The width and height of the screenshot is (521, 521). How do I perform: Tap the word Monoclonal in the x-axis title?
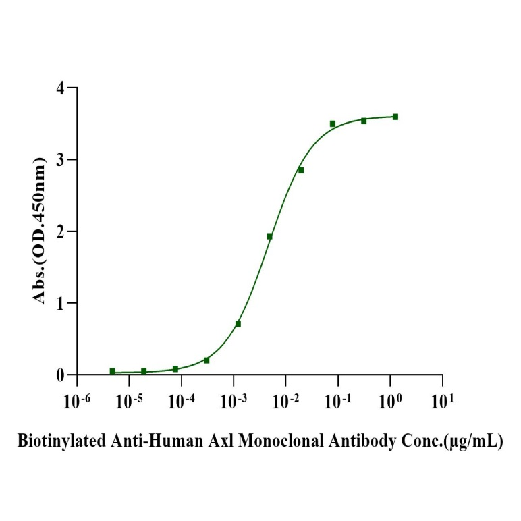pyautogui.click(x=278, y=443)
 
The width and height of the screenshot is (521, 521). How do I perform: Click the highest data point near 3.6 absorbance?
pyautogui.click(x=395, y=117)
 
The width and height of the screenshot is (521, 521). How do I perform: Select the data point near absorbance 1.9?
pyautogui.click(x=269, y=236)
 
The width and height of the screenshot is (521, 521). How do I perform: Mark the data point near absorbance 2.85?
pyautogui.click(x=301, y=170)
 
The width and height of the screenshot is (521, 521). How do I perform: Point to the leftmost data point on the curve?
pyautogui.click(x=112, y=371)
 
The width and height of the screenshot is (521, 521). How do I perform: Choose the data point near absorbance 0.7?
pyautogui.click(x=238, y=324)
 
